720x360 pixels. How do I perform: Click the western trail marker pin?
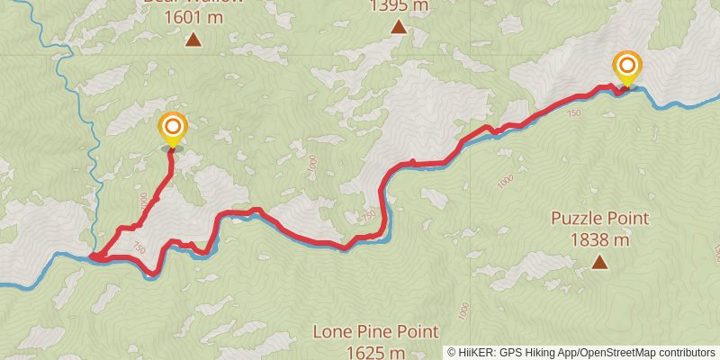tap(172, 128)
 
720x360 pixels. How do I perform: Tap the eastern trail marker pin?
tap(626, 67)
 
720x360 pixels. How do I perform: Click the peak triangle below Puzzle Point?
tap(598, 263)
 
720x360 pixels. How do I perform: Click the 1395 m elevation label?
tap(399, 6)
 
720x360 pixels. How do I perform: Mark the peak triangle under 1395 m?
tap(399, 27)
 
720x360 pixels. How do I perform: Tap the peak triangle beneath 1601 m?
tap(193, 39)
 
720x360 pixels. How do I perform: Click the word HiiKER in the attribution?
tap(475, 352)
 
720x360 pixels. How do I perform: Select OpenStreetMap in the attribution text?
tap(620, 352)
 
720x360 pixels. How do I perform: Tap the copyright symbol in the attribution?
tap(452, 352)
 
